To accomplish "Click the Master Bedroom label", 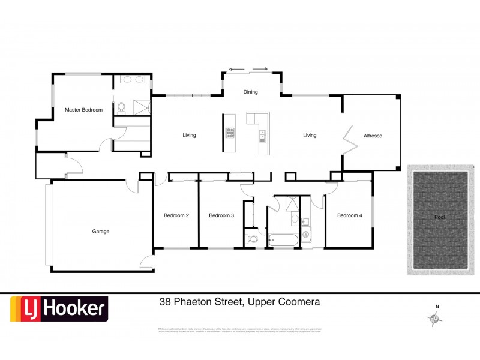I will (x=83, y=110).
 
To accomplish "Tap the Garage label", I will (x=101, y=231).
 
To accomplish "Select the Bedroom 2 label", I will (x=176, y=215).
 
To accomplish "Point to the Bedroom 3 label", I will (x=221, y=215).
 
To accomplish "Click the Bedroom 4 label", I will (x=349, y=215).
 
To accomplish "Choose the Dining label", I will (x=250, y=92).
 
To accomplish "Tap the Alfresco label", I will (x=373, y=136).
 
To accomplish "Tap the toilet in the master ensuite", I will (x=121, y=107).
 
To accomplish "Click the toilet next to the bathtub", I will (x=253, y=240).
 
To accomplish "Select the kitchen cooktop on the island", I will (x=229, y=133).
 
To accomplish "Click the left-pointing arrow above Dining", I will (x=236, y=69).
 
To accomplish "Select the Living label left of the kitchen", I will (x=189, y=136).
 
